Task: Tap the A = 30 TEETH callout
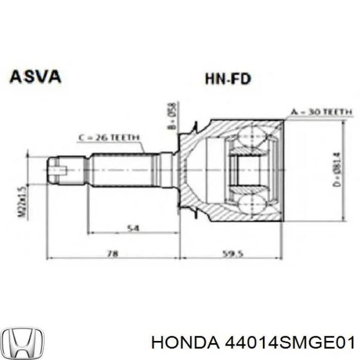(x=320, y=112)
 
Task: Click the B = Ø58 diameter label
(x=173, y=116)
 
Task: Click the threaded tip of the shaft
(x=58, y=170)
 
